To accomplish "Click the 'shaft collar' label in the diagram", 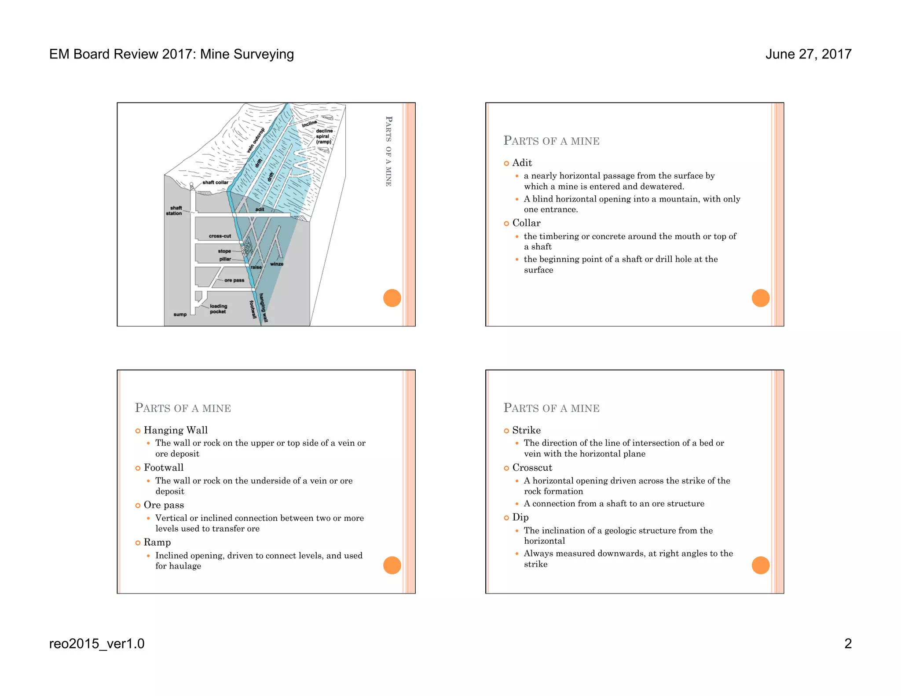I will (215, 182).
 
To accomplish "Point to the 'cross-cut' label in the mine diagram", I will (220, 236).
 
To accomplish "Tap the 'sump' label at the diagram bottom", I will (180, 314).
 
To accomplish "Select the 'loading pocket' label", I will (218, 308).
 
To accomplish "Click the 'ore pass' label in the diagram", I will (234, 280).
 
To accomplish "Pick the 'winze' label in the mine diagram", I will (276, 264).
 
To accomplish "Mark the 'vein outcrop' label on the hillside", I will (256, 140).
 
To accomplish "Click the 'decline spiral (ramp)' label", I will (324, 136).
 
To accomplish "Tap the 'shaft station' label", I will (174, 210).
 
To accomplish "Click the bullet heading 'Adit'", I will (522, 163).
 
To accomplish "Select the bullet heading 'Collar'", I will (526, 223).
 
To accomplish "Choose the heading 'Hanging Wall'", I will (176, 430).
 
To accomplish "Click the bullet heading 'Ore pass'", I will (164, 505).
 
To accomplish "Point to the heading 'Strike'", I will (526, 430).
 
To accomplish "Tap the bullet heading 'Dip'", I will (520, 517).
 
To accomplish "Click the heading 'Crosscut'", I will (532, 467).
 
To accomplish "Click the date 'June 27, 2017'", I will (808, 54).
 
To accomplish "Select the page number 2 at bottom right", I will (848, 643).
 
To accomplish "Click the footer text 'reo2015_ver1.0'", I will (97, 643).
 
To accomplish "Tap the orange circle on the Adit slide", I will (760, 298).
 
